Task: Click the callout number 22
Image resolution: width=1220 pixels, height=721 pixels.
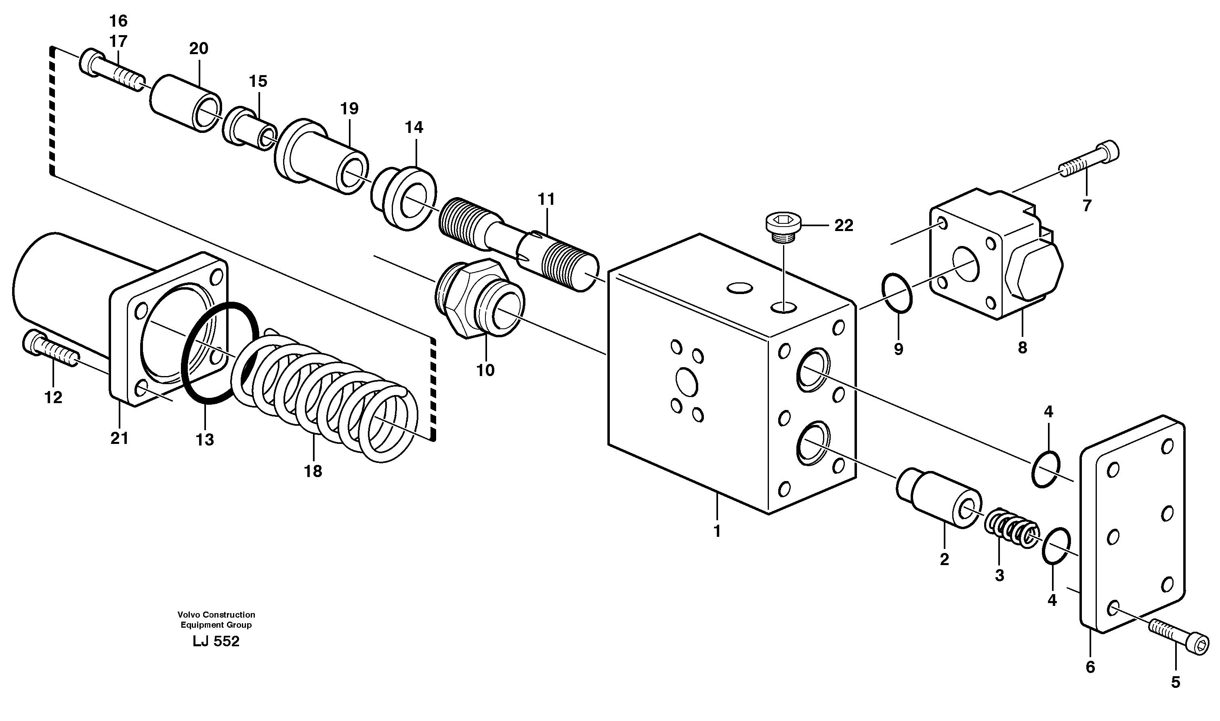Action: click(844, 225)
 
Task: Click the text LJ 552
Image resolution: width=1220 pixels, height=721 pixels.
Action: click(216, 642)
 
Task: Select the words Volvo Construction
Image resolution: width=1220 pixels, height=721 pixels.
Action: click(216, 615)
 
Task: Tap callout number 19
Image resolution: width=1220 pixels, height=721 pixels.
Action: click(349, 108)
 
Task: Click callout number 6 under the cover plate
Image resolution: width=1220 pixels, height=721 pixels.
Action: click(1090, 668)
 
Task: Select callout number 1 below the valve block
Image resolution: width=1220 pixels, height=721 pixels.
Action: click(717, 532)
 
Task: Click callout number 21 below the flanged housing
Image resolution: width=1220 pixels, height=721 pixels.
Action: click(119, 438)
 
